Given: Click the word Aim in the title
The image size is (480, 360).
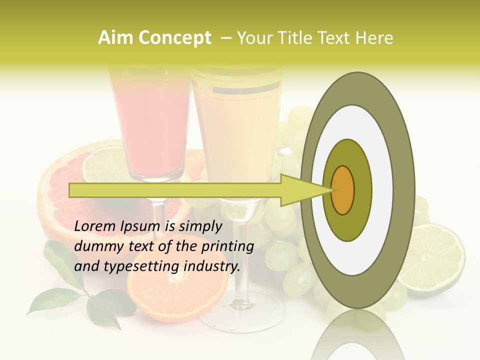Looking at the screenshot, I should click(x=116, y=38).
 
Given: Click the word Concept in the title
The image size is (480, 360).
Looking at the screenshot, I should click(x=174, y=38).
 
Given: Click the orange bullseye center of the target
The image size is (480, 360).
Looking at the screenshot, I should click(x=343, y=190).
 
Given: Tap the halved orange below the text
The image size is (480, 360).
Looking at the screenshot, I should click(x=175, y=295).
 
